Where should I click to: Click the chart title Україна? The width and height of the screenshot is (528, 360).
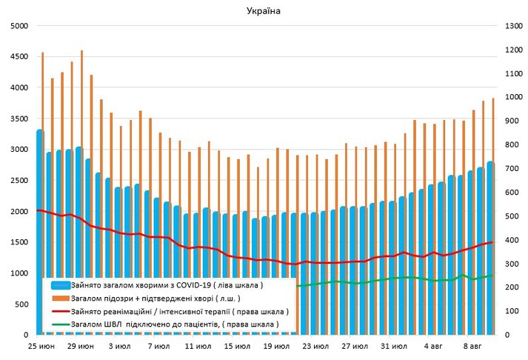click(264, 11)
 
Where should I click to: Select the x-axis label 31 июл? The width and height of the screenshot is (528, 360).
click(394, 347)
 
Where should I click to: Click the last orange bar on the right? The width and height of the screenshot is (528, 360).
click(493, 215)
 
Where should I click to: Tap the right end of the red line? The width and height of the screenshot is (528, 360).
click(492, 242)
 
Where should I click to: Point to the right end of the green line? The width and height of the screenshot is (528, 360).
click(492, 276)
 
